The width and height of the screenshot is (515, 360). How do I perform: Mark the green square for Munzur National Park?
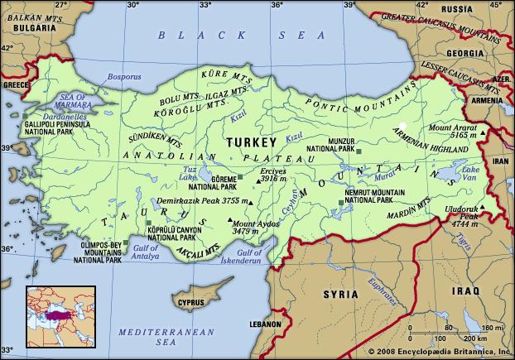pos(359,151)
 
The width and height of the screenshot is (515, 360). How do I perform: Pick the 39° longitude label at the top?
pos(348,6)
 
